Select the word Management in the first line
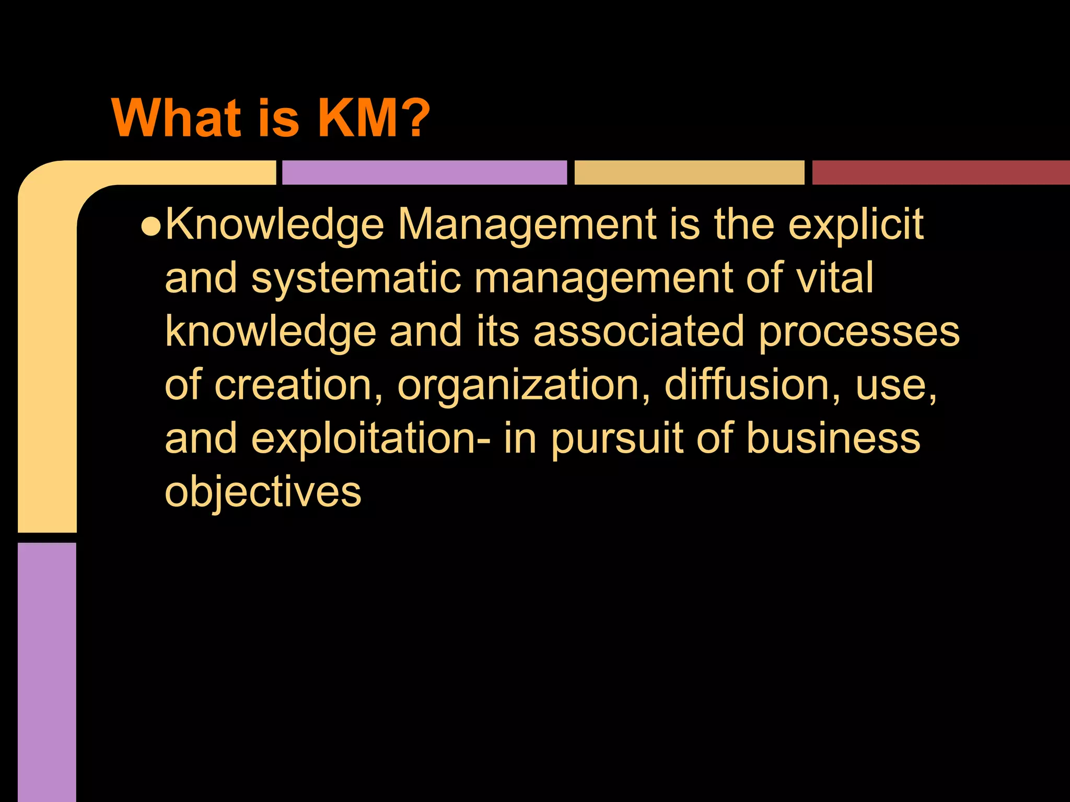[x=527, y=226]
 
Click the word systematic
[x=356, y=279]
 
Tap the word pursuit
[x=617, y=440]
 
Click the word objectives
[x=263, y=493]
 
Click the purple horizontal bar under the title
[x=424, y=172]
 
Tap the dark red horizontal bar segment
[x=940, y=172]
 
